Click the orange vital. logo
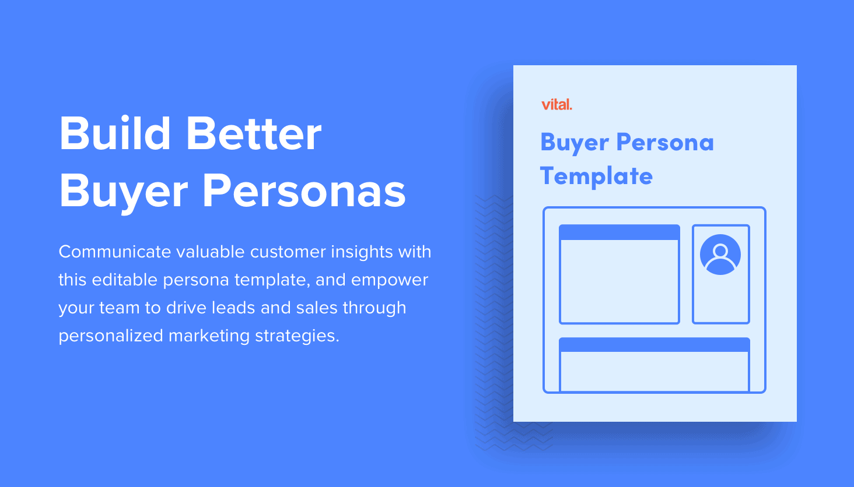click(556, 104)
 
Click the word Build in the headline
click(115, 133)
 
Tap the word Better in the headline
click(254, 133)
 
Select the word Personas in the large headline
click(304, 190)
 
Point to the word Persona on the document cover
click(665, 142)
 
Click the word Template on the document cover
click(596, 177)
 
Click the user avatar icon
click(720, 255)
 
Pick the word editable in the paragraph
click(125, 280)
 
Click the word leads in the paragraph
click(233, 307)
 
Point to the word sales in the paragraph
click(317, 307)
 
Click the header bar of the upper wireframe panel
click(619, 232)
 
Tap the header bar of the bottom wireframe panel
click(654, 345)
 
